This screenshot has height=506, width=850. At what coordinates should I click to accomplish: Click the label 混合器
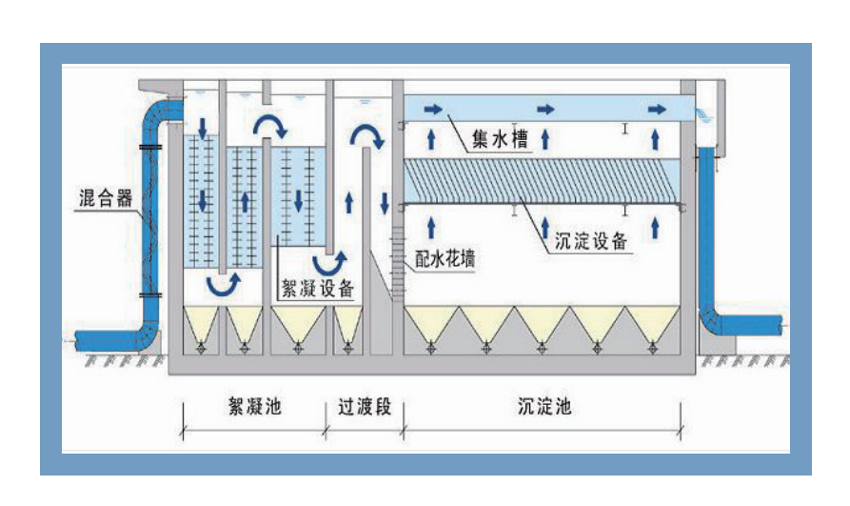coord(105,201)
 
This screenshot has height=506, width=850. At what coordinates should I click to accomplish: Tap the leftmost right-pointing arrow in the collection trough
coord(433,109)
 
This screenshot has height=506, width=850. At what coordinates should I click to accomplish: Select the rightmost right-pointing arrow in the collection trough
coord(657,109)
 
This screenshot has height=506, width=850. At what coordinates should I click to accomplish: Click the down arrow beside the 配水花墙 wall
coord(385,203)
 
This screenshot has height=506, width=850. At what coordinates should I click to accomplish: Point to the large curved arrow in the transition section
coord(366,136)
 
